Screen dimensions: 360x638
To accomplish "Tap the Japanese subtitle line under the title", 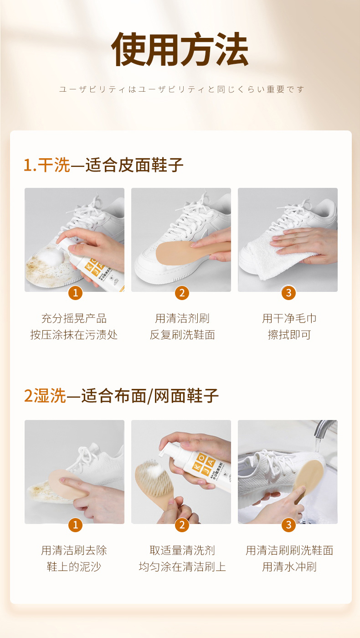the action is click(x=181, y=89).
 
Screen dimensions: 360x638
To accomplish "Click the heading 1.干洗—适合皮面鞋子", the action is click(x=103, y=165).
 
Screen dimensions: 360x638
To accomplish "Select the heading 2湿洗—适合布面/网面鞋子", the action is click(x=121, y=396).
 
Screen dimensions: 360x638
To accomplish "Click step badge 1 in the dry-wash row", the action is click(x=75, y=293).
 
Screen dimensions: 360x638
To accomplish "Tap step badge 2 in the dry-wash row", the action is click(x=182, y=293).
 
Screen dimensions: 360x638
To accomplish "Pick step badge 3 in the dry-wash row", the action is click(x=288, y=293).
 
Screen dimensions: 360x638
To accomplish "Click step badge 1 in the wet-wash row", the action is click(x=75, y=524).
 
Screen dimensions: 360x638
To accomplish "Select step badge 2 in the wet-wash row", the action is click(x=182, y=524).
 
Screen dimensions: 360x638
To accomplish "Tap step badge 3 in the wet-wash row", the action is click(x=288, y=524).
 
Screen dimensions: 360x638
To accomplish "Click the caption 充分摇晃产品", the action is click(x=74, y=318).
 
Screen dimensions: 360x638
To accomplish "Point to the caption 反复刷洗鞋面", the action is click(x=182, y=335).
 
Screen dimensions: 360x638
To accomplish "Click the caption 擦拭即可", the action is click(x=289, y=335).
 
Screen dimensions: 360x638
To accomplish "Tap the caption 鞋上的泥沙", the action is click(x=74, y=567).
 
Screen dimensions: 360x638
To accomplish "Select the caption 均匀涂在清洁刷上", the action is click(x=182, y=567).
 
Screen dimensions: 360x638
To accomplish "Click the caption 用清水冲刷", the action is click(x=289, y=567).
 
